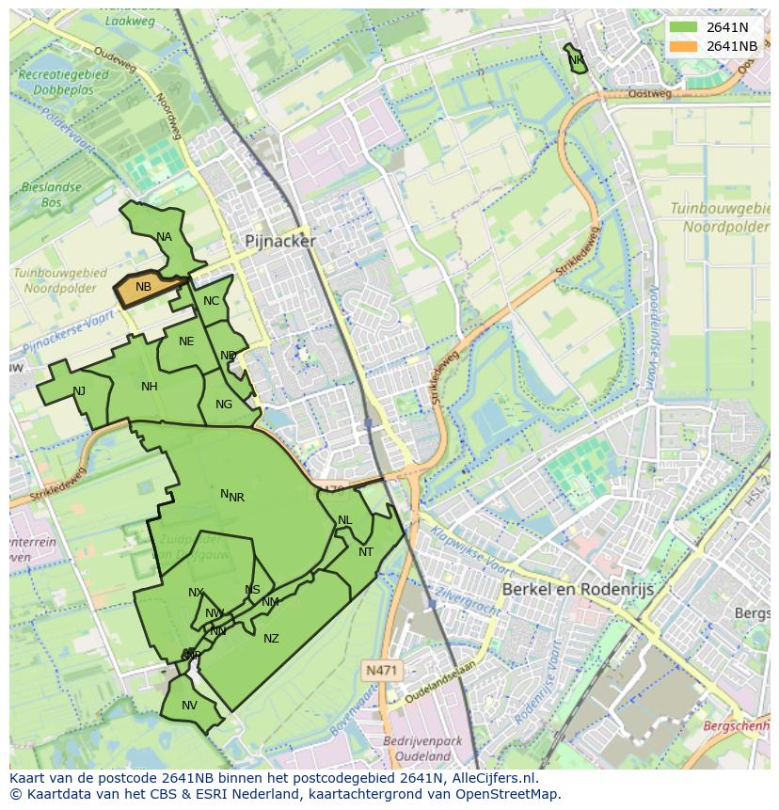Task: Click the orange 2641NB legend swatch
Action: [684, 46]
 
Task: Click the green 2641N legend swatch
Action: [684, 27]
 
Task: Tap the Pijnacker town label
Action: [280, 241]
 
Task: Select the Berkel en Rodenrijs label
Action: [578, 589]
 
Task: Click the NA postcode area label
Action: [165, 237]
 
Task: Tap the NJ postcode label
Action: [79, 391]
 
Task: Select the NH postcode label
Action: [150, 387]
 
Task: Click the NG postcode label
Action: [224, 405]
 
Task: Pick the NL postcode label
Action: [345, 520]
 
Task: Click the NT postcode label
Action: [366, 552]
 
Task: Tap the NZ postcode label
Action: [271, 639]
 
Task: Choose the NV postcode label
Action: [190, 706]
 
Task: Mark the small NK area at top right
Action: [576, 60]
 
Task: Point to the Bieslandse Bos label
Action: [51, 195]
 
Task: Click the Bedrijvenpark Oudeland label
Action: [422, 748]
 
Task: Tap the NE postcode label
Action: [186, 341]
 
